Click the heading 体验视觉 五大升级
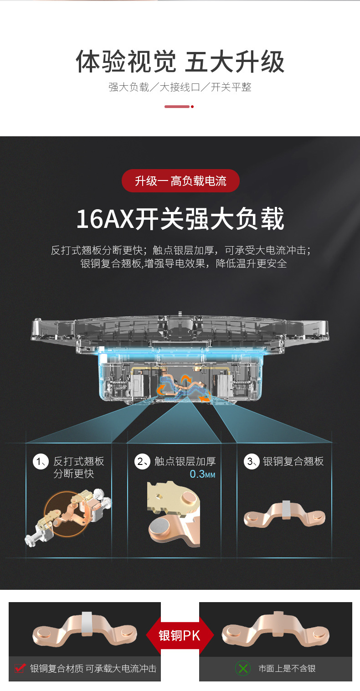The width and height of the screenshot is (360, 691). tap(180, 62)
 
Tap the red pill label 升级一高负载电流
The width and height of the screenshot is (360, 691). tap(180, 181)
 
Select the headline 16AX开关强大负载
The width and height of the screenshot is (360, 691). tap(180, 219)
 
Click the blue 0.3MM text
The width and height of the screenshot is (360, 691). tap(202, 474)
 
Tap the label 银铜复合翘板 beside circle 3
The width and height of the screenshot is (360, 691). tap(293, 462)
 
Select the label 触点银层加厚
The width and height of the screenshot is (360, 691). tap(185, 462)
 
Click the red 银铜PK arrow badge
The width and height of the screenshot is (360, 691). tap(180, 635)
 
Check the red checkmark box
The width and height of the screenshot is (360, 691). tap(20, 669)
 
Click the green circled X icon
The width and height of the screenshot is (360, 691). tap(243, 669)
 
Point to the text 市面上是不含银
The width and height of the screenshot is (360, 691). tap(287, 669)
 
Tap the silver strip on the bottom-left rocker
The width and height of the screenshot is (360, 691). tap(87, 623)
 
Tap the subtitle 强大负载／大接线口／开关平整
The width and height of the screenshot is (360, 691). tap(180, 87)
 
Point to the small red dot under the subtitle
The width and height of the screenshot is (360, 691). tap(192, 107)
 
